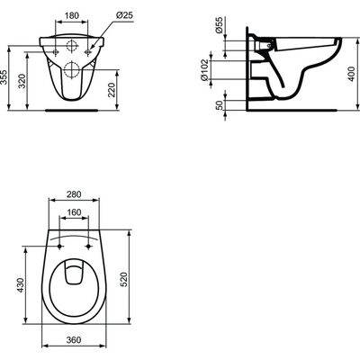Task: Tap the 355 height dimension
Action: [8, 79]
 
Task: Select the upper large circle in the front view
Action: [73, 45]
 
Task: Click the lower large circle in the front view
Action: [73, 69]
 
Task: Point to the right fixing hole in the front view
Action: [88, 52]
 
